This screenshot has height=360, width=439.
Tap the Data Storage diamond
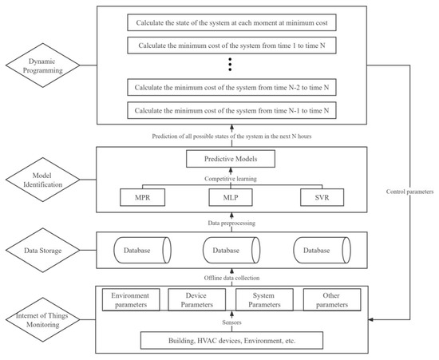click(46, 251)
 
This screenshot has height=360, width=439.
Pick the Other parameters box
click(330, 299)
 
